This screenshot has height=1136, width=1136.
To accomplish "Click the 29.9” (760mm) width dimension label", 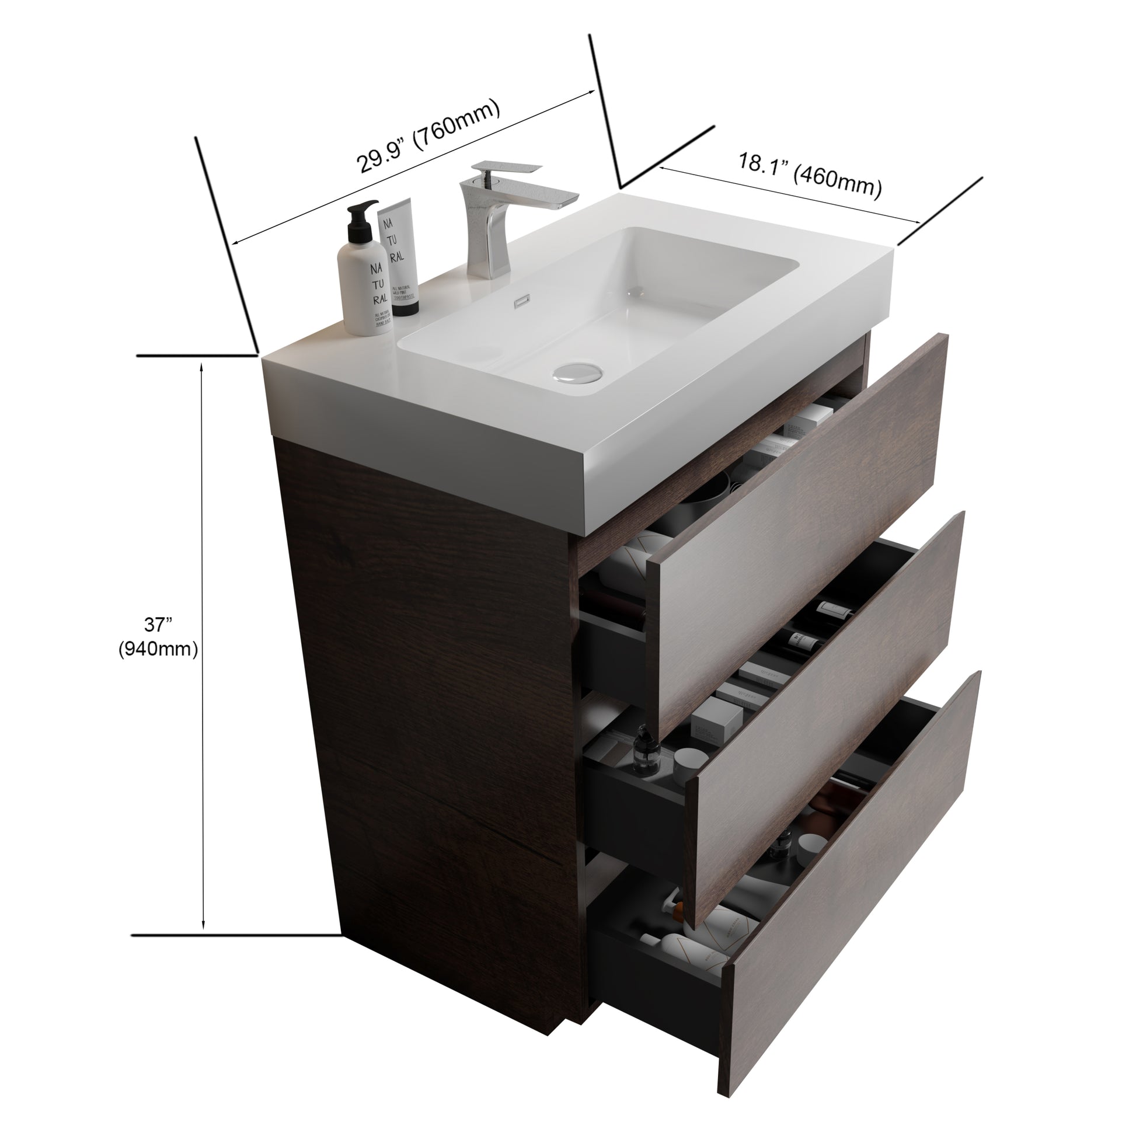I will (x=428, y=137).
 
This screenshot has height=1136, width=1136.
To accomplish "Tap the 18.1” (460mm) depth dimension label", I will (x=810, y=175).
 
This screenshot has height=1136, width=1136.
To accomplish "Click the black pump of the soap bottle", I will (x=361, y=221).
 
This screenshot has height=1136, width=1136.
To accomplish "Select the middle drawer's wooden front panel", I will (x=829, y=706).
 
